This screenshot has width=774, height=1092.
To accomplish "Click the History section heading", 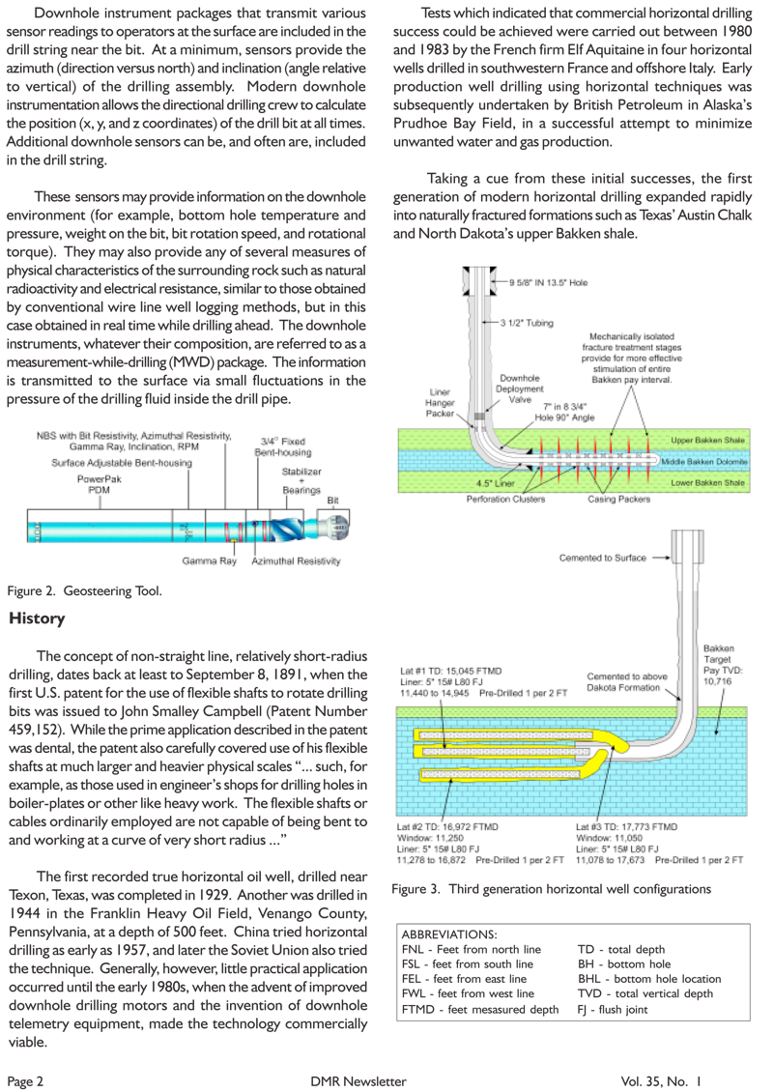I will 37,618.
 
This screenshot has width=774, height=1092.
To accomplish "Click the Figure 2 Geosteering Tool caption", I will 85,590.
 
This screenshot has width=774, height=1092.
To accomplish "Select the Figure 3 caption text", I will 552,888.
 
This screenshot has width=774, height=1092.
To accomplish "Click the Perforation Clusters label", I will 505,500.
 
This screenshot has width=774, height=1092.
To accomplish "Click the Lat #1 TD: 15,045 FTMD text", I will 457,669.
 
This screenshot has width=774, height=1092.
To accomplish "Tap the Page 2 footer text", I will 26,1080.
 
